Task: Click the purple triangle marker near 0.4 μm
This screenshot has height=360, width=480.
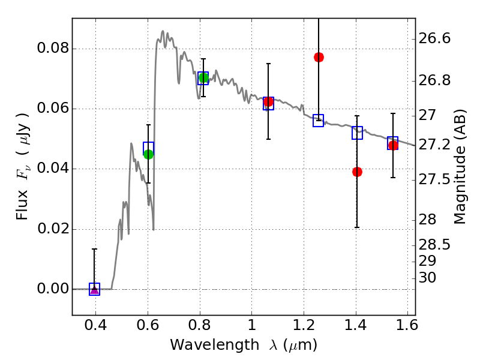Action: tap(94, 290)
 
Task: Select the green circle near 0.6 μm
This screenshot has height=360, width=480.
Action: tap(149, 154)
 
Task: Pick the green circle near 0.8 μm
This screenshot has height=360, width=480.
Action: tap(203, 77)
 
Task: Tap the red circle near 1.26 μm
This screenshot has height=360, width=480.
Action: tap(319, 57)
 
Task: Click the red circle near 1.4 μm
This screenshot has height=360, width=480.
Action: tap(357, 172)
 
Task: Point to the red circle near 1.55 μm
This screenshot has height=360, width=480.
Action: tap(393, 145)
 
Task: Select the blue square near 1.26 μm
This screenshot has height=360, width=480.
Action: tap(319, 121)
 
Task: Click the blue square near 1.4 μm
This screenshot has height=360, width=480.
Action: tap(357, 133)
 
